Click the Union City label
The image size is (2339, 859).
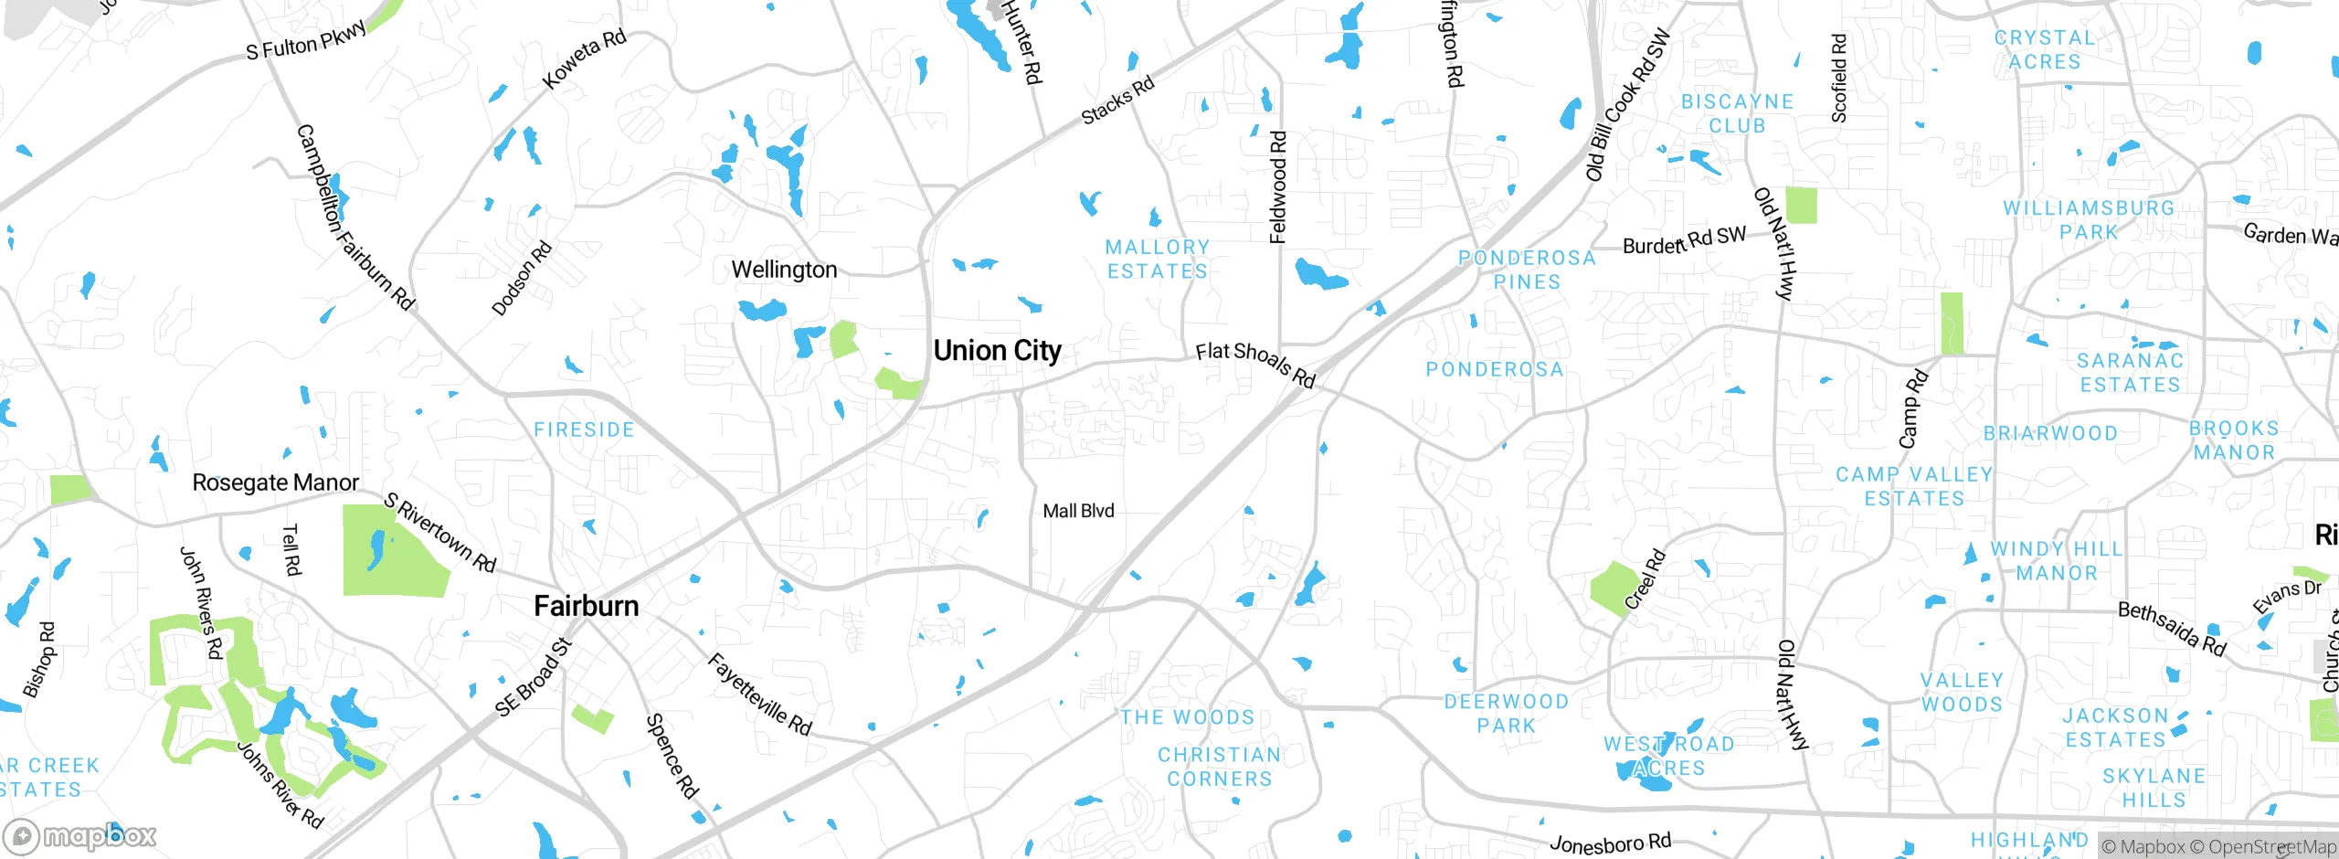(x=997, y=351)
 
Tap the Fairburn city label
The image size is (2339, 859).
(x=586, y=606)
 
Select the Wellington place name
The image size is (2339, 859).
(x=784, y=270)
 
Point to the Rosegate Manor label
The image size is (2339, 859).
(x=275, y=483)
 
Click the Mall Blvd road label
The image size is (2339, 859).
(x=1078, y=511)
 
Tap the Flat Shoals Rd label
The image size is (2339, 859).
(x=1254, y=364)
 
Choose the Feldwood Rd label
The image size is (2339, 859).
(x=1277, y=187)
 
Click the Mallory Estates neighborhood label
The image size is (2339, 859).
(x=1158, y=260)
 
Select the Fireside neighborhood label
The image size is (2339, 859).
(x=584, y=429)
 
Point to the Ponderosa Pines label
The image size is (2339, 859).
(x=1527, y=270)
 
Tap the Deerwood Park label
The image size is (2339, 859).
(x=1506, y=714)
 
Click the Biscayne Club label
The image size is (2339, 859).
(x=1737, y=113)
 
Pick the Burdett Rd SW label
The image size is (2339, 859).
(x=1683, y=240)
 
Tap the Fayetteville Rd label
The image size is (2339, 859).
(x=759, y=695)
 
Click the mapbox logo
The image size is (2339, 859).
(x=80, y=835)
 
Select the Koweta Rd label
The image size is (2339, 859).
(x=584, y=58)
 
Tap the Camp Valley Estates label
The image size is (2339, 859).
(x=1914, y=486)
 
